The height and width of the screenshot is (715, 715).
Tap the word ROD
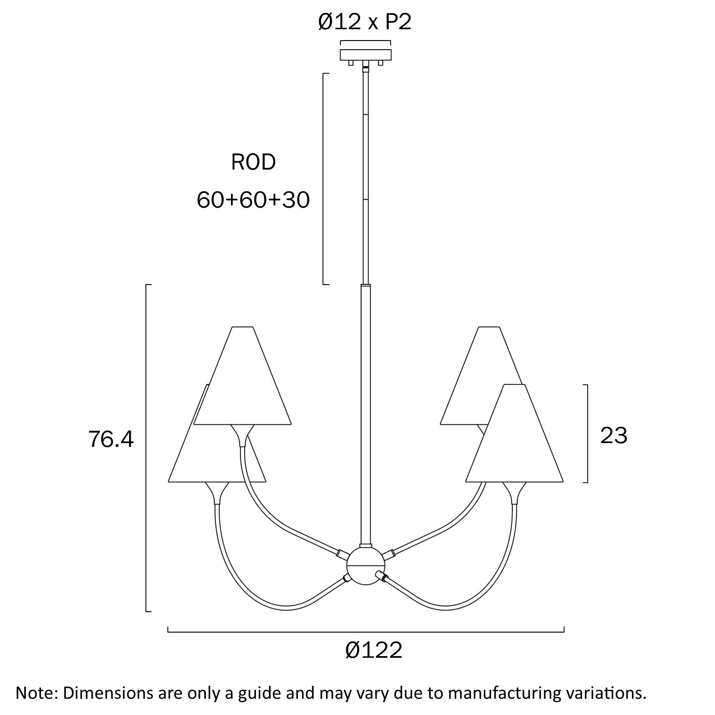254,162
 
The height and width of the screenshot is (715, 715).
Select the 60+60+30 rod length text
253,200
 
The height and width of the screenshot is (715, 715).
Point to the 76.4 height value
111,439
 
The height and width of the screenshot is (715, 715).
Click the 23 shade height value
614,436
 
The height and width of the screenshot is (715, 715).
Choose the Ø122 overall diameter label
374,650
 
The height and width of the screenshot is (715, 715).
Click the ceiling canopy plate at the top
366,55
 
